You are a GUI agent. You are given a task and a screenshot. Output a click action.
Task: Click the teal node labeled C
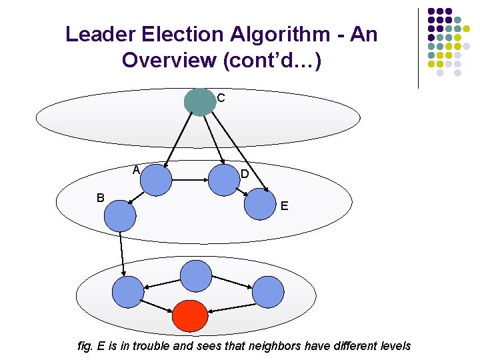[199, 101]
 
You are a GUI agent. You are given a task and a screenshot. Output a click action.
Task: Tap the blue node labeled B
[120, 215]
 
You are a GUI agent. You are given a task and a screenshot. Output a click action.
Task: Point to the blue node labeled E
[259, 204]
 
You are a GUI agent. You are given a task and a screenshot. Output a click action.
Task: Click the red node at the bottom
[190, 317]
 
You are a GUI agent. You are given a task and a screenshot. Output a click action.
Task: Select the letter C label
[221, 98]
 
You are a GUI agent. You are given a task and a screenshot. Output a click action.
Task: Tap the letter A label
[135, 169]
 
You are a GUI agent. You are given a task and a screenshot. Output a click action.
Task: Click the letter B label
[100, 197]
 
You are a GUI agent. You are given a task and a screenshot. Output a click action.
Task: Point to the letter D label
[245, 174]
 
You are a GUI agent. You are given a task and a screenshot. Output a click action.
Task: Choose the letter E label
[285, 206]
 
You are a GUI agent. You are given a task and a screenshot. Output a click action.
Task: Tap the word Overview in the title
[169, 60]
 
